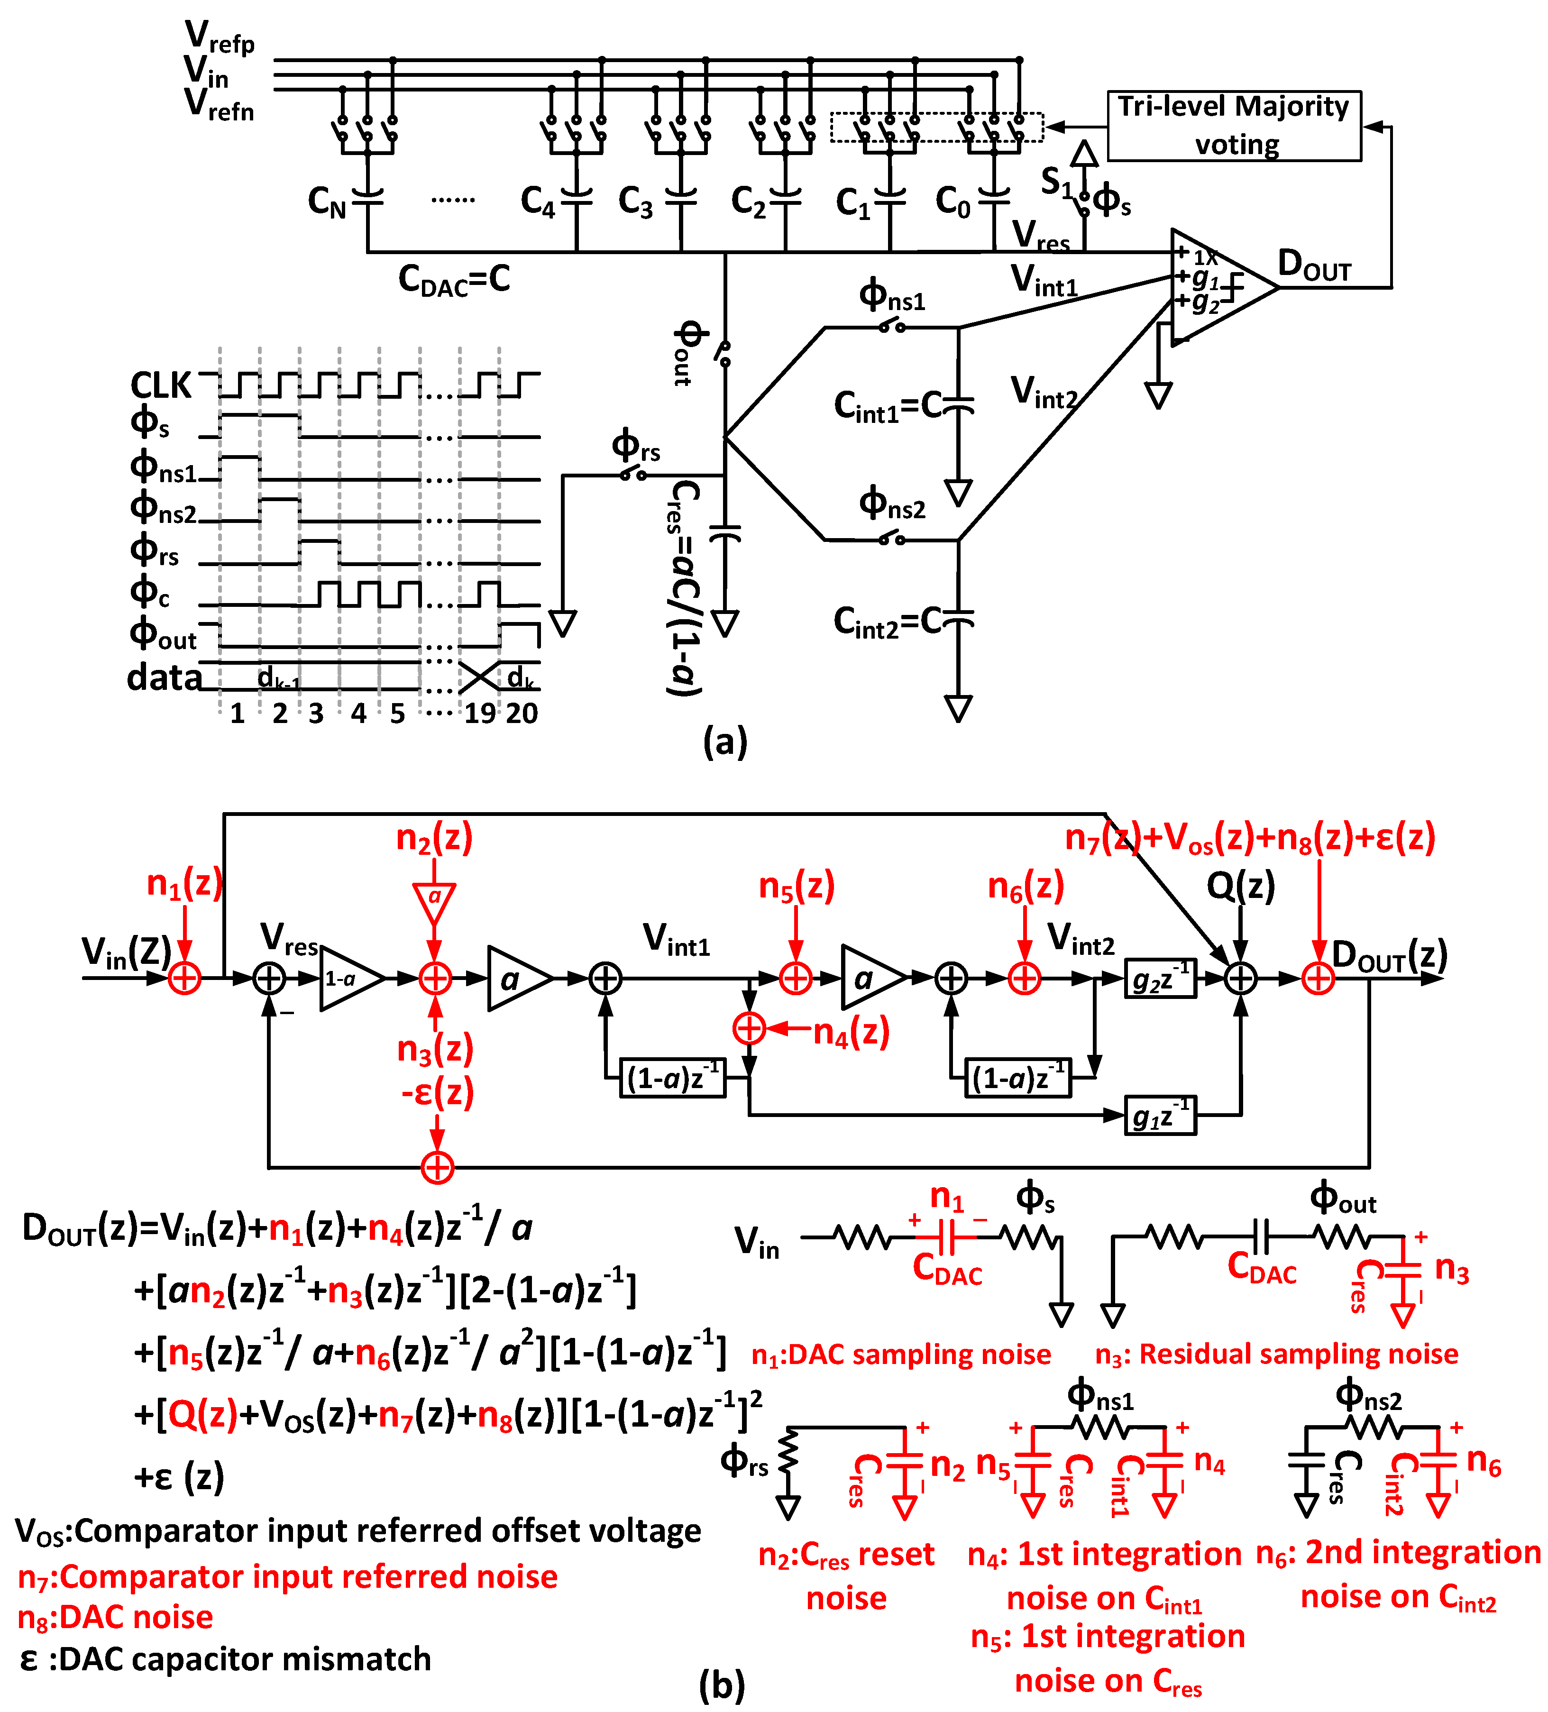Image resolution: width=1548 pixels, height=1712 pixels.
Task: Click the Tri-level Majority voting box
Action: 1233,126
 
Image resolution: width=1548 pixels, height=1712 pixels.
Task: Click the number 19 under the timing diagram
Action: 479,714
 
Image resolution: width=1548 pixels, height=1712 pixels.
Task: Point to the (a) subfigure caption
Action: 724,742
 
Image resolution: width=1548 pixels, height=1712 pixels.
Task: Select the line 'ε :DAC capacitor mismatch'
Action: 225,1658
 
